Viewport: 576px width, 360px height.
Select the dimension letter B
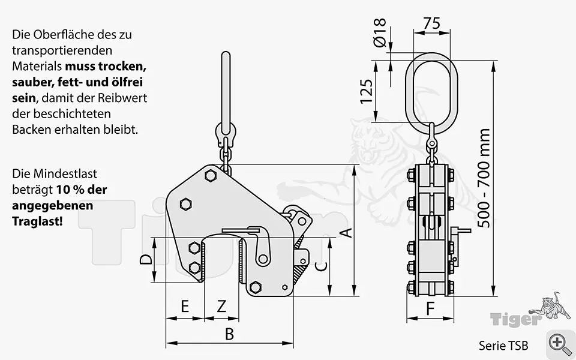[229, 334]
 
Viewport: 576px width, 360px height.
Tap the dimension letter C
[321, 266]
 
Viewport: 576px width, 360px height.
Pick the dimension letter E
[185, 307]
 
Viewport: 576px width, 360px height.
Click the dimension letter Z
[221, 307]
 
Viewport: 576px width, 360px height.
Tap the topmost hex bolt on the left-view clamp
[210, 176]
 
